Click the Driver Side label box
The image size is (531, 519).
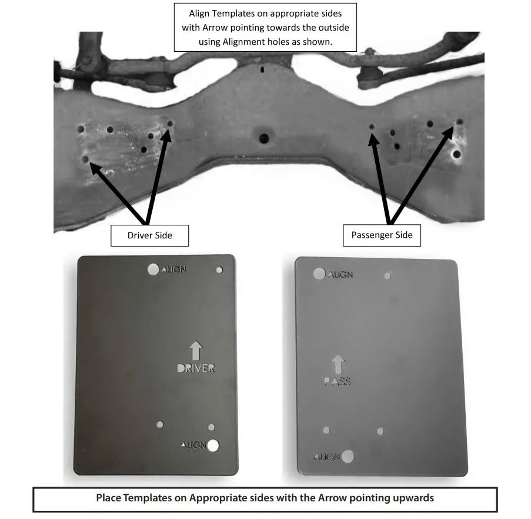tap(150, 235)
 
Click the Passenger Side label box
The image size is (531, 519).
tap(382, 235)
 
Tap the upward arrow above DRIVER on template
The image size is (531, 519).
tap(196, 351)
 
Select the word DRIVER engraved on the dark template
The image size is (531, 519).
tap(196, 368)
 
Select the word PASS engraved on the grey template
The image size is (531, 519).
tap(338, 381)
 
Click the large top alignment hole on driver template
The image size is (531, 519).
tap(153, 269)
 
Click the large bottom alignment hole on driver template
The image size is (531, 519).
tap(213, 445)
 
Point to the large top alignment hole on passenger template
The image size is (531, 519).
tap(319, 274)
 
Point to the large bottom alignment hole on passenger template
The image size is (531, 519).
tap(348, 455)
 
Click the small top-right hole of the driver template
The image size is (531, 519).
tap(219, 270)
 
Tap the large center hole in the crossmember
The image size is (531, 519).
tap(263, 138)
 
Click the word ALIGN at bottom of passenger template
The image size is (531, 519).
tap(327, 456)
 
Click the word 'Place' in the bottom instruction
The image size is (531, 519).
tap(109, 498)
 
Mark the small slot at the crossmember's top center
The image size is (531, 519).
tap(262, 69)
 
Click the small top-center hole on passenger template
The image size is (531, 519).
tap(387, 275)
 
